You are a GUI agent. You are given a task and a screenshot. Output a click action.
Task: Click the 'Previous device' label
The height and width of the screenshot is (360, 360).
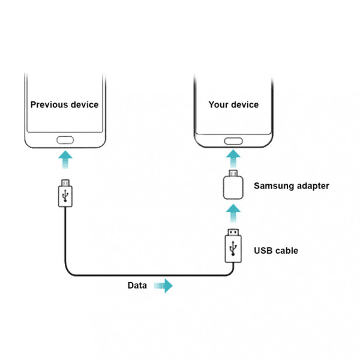tap(64, 104)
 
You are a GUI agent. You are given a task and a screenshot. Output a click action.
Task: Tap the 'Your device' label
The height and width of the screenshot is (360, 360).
tap(233, 104)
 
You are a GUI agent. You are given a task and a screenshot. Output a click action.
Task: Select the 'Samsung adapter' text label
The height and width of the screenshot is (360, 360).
tap(292, 186)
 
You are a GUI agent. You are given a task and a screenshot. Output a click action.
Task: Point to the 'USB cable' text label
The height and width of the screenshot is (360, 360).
tap(276, 250)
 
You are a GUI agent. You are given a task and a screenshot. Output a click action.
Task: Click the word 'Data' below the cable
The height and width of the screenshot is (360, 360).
tap(137, 286)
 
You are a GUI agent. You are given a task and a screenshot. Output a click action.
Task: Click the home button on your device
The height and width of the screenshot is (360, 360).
tap(233, 141)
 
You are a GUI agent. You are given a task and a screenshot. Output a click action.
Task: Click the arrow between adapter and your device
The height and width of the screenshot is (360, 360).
tap(233, 159)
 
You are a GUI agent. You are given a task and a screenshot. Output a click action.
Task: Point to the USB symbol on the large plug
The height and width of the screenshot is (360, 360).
tap(233, 248)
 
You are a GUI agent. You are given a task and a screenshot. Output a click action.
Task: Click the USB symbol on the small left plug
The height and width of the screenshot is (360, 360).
tap(65, 196)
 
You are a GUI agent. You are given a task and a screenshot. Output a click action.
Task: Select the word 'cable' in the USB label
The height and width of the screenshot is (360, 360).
tap(286, 250)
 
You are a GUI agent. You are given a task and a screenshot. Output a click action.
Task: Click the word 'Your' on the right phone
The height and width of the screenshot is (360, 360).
tap(218, 104)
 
